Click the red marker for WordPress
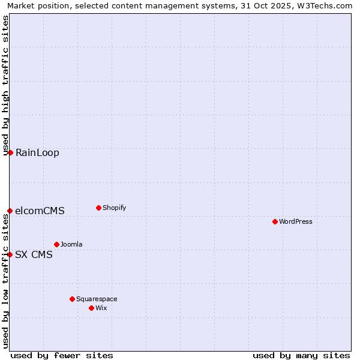click(275, 221)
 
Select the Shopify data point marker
click(98, 208)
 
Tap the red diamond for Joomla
click(56, 244)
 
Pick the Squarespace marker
click(72, 299)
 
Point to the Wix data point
click(91, 308)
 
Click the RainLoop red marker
click(10, 152)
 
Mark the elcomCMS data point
click(10, 211)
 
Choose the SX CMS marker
click(10, 254)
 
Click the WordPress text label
click(296, 221)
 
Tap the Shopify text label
click(115, 208)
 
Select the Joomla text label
click(71, 244)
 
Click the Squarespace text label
click(97, 299)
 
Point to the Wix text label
click(101, 308)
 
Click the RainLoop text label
click(37, 152)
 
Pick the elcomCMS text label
click(40, 211)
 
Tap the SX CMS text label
click(34, 254)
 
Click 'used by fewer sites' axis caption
click(62, 355)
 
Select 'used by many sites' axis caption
click(301, 355)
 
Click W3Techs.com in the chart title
click(327, 5)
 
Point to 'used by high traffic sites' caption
click(5, 85)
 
